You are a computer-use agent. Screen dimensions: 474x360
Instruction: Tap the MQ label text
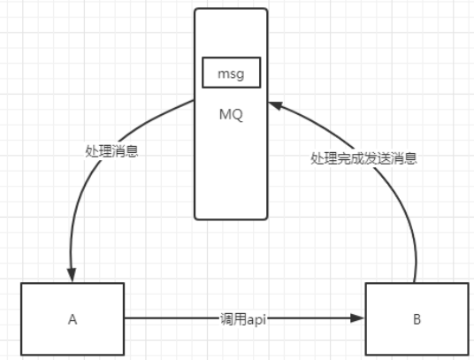[231, 115]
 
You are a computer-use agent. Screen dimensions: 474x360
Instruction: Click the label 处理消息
[111, 151]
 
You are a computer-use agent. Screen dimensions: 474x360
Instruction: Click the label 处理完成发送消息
[364, 158]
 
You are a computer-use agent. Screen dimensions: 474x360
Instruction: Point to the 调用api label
[243, 319]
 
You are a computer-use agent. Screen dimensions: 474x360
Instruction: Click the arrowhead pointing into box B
[357, 318]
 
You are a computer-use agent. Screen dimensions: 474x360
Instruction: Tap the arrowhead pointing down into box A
[72, 274]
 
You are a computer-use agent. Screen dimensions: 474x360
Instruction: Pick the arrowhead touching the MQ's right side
[275, 105]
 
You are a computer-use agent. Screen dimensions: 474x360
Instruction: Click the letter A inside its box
[73, 319]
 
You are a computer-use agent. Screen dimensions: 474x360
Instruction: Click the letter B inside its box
[417, 319]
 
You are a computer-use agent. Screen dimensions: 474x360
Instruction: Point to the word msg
[232, 73]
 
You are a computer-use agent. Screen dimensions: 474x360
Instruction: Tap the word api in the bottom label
[256, 320]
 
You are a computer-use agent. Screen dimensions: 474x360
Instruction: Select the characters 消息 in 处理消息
[126, 151]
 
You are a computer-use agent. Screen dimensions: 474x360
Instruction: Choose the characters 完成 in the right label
[351, 158]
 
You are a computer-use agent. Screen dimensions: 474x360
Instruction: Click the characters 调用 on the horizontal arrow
[233, 319]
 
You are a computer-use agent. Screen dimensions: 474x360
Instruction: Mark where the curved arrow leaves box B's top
[415, 283]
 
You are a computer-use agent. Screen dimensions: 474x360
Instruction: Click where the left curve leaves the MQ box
[195, 100]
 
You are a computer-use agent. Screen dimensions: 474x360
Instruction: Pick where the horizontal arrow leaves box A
[125, 318]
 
